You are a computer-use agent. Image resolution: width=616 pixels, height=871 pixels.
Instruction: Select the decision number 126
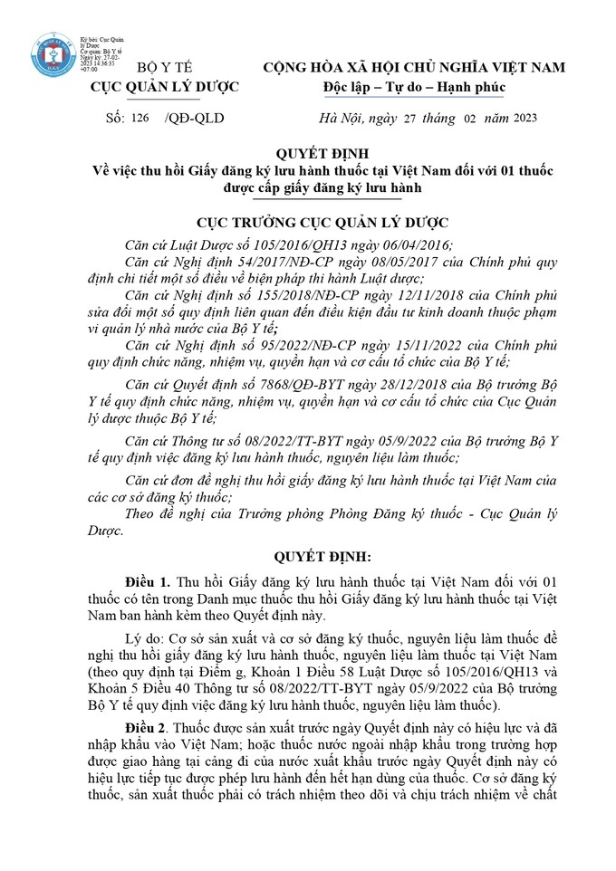click(139, 118)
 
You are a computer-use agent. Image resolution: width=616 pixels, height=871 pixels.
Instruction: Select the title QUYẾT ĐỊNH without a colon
click(307, 153)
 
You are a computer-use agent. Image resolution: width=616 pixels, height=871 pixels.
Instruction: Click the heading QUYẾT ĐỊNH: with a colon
click(307, 555)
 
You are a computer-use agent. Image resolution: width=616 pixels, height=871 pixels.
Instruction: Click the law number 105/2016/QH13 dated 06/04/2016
click(262, 244)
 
